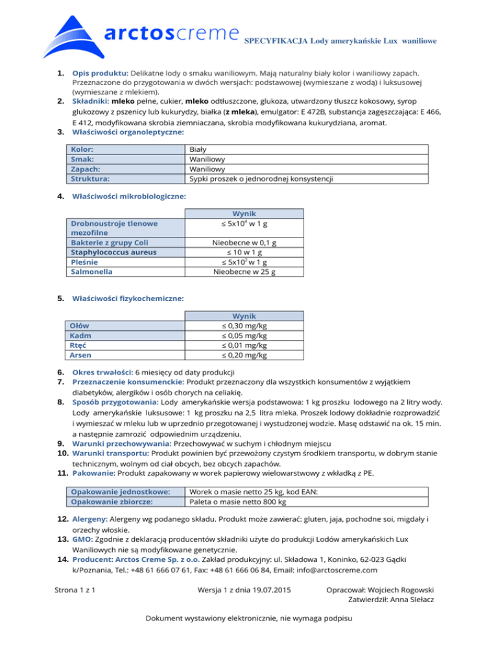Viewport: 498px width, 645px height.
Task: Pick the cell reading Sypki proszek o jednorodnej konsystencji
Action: (261, 178)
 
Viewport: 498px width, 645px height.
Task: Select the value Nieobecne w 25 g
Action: (244, 272)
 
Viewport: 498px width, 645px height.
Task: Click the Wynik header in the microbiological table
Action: (244, 213)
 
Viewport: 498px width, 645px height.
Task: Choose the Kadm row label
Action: (80, 335)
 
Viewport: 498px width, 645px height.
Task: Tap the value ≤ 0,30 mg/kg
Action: (244, 326)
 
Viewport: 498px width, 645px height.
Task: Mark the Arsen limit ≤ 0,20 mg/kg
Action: (244, 355)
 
